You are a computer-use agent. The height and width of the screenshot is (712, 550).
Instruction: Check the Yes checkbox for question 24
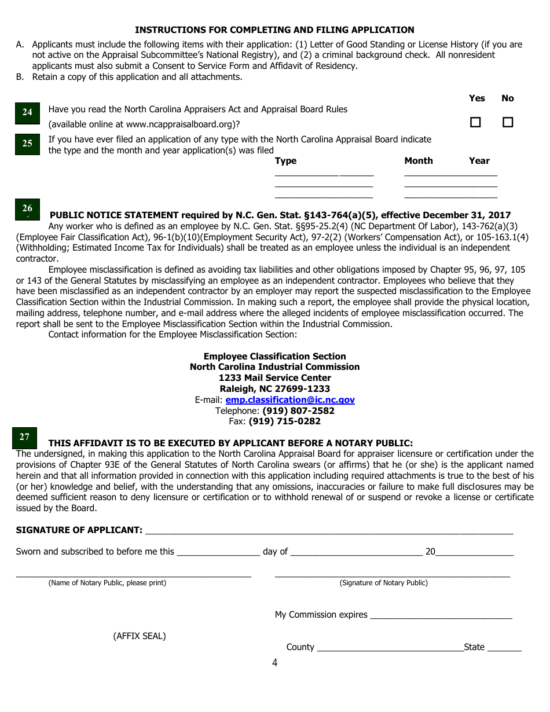tap(475, 122)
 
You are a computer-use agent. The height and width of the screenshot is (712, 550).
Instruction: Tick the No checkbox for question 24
tap(508, 122)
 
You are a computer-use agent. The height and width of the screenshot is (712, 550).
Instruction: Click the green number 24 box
tap(27, 112)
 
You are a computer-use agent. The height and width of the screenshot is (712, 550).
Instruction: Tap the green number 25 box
tap(27, 144)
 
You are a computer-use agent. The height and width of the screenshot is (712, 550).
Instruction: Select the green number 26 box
tap(27, 209)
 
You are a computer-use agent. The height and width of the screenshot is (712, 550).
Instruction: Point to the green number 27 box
tap(24, 438)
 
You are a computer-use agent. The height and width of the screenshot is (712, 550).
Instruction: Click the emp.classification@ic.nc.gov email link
tap(290, 400)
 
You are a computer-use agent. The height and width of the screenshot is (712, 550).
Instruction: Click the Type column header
tap(285, 161)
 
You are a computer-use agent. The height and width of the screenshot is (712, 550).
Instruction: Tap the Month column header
tap(419, 161)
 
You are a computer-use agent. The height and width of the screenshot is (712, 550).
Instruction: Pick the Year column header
tap(479, 161)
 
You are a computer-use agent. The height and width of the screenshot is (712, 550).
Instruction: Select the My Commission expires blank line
tap(441, 615)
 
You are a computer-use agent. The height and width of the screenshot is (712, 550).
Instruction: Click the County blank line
tap(390, 647)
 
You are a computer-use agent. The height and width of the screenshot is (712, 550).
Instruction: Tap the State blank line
tap(504, 647)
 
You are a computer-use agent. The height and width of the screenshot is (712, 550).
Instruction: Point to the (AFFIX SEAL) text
tap(139, 636)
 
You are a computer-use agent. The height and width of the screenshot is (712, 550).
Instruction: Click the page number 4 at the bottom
tap(275, 663)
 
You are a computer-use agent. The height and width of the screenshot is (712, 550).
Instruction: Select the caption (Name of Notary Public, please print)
tap(107, 583)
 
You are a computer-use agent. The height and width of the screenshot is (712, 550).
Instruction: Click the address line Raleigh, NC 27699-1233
tap(275, 389)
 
